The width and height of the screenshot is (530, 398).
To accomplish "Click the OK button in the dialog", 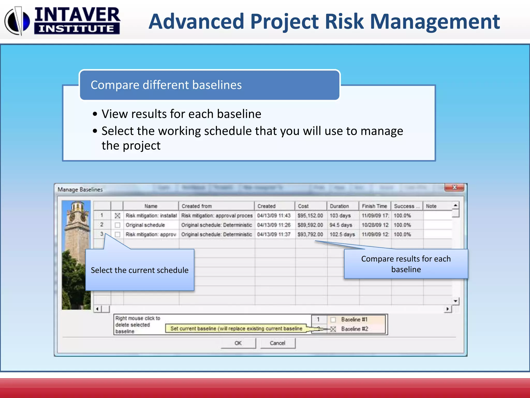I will (x=238, y=343).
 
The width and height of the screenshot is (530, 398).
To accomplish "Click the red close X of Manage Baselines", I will (x=454, y=187).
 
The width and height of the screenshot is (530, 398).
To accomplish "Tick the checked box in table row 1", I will (x=117, y=216).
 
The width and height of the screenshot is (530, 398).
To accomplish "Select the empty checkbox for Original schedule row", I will (x=117, y=225).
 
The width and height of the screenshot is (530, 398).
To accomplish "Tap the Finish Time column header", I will (x=374, y=206).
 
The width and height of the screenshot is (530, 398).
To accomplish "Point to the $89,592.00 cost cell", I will (x=310, y=225).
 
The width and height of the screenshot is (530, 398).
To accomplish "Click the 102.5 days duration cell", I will (x=342, y=234).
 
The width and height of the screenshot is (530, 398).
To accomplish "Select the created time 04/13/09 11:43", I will (x=274, y=216).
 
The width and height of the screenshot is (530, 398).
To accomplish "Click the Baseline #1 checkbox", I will (x=333, y=319).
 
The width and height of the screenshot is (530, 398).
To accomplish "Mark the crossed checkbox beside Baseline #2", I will (x=333, y=329).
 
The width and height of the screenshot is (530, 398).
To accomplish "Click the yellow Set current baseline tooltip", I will (x=236, y=329).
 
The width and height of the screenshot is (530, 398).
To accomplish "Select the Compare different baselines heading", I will (x=166, y=85).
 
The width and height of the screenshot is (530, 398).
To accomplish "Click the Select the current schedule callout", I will (x=140, y=270).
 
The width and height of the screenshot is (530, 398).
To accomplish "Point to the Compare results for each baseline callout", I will (x=406, y=264).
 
